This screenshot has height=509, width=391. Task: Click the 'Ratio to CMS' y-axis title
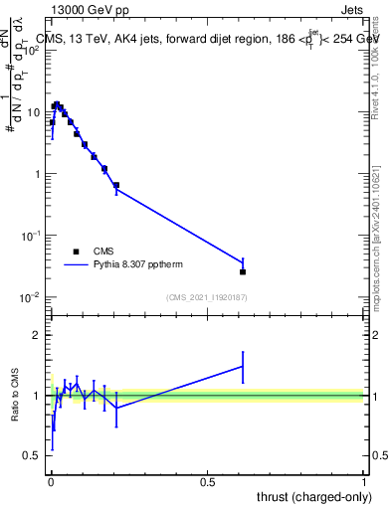pyautogui.click(x=16, y=396)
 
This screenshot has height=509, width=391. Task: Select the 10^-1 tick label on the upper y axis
pyautogui.click(x=30, y=236)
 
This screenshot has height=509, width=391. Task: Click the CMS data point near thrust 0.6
pyautogui.click(x=243, y=271)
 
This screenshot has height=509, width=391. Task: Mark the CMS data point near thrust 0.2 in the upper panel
pyautogui.click(x=116, y=185)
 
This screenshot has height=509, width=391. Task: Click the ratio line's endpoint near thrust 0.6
pyautogui.click(x=243, y=366)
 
